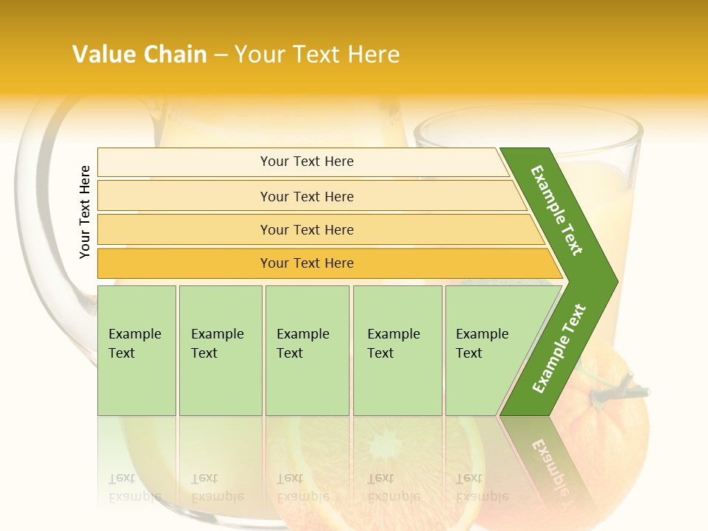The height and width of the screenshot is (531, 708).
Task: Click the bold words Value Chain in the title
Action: click(x=139, y=55)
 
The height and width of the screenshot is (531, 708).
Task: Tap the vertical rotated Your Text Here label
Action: click(x=85, y=212)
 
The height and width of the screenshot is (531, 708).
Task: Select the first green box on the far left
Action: click(x=136, y=350)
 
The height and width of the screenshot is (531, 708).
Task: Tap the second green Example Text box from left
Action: click(x=220, y=350)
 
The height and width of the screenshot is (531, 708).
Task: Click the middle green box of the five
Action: click(x=307, y=350)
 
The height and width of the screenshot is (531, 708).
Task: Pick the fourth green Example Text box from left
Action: click(x=398, y=350)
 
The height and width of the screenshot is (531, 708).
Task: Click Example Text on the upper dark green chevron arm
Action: click(x=557, y=210)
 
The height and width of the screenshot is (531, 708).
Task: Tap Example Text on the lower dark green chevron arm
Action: click(x=559, y=349)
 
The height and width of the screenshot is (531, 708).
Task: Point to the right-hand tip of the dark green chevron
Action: click(x=615, y=282)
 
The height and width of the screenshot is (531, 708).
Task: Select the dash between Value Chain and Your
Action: click(x=221, y=55)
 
